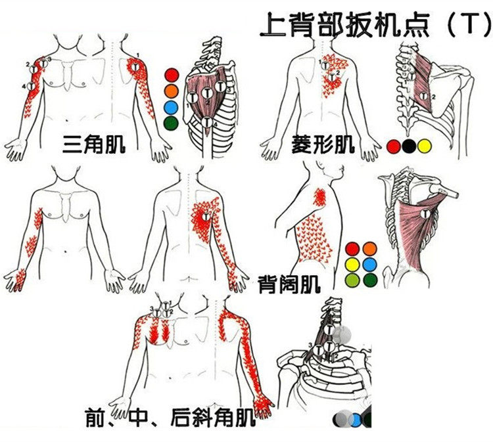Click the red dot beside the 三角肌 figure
[172, 74]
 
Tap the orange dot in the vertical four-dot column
[172, 90]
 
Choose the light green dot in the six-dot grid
[352, 279]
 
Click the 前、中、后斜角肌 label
[170, 416]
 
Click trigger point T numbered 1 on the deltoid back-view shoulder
[133, 66]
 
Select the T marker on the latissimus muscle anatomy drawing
[425, 214]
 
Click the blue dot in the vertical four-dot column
[172, 106]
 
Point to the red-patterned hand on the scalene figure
[264, 405]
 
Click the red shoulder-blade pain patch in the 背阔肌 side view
[319, 196]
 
